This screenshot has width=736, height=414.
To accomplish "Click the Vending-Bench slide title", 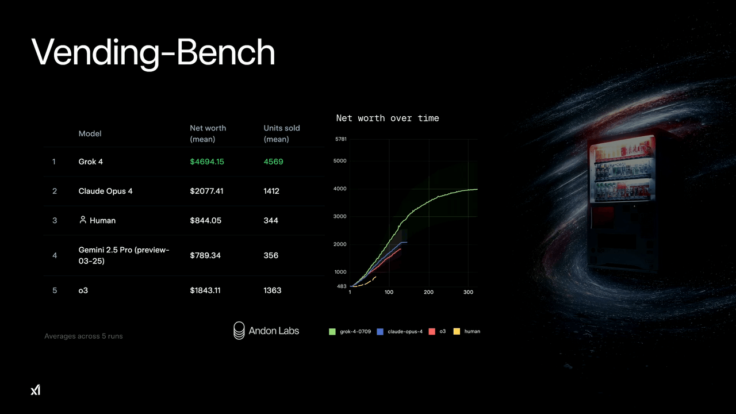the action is [x=153, y=52].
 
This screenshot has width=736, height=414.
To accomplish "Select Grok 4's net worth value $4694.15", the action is [x=207, y=162].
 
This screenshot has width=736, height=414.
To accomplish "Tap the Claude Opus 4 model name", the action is [x=105, y=191].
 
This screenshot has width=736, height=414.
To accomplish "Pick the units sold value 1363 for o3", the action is [x=273, y=290].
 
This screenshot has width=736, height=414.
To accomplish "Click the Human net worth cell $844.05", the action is [x=206, y=220].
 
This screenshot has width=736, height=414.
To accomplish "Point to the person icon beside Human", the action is [x=83, y=220].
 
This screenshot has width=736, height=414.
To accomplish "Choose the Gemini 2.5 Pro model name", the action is [x=124, y=255].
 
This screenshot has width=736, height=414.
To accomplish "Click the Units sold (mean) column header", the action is [x=282, y=133].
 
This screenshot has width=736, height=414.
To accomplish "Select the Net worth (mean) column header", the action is [x=208, y=133].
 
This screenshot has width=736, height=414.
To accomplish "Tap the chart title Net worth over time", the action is [x=388, y=118].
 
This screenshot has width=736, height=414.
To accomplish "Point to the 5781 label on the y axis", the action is [x=341, y=139].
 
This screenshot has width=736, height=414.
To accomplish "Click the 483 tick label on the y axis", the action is [x=342, y=286].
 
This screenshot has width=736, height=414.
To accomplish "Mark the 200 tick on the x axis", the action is [x=428, y=292].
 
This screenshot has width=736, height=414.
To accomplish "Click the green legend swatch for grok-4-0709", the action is [x=332, y=332].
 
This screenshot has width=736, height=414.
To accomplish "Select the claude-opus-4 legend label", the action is [x=405, y=332].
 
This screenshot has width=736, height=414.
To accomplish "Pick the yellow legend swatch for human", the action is [x=457, y=332].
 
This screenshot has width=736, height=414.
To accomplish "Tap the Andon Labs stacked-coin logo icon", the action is [x=239, y=331].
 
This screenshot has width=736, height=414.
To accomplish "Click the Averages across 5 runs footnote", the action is [x=83, y=336].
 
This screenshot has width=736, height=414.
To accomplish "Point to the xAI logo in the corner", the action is [x=36, y=390].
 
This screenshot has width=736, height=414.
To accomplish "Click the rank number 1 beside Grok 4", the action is [x=54, y=162].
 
